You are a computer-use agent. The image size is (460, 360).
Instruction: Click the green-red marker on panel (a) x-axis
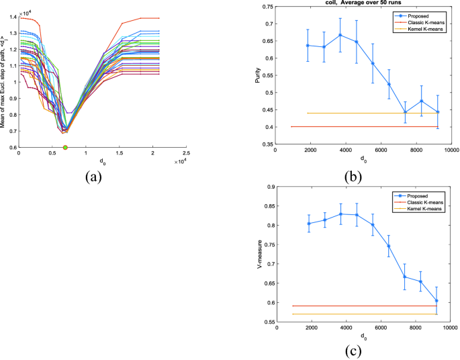pyautogui.click(x=65, y=147)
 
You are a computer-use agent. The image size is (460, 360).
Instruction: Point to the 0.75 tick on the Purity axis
pyautogui.click(x=267, y=7)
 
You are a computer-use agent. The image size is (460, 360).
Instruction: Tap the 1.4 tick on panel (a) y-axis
pyautogui.click(x=13, y=17)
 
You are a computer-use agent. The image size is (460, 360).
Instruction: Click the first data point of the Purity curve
pyautogui.click(x=308, y=46)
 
